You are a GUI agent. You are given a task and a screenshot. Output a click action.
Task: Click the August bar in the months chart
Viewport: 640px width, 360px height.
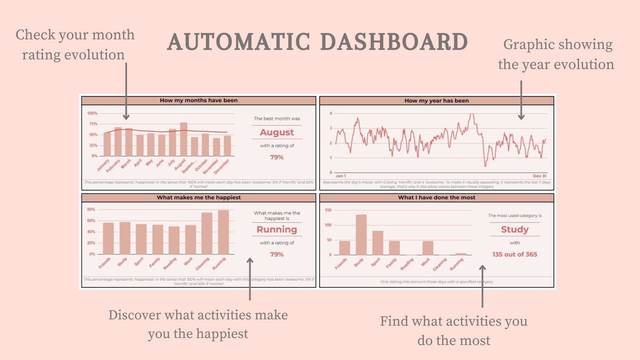[183, 139]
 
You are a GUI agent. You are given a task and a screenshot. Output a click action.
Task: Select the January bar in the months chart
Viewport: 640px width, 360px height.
[107, 144]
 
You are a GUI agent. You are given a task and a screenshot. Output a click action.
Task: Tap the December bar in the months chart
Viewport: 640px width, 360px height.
[227, 146]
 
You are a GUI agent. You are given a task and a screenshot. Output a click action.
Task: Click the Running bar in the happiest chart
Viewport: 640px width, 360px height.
[223, 232]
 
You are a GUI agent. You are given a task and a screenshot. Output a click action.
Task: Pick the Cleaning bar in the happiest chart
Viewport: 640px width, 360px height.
[207, 233]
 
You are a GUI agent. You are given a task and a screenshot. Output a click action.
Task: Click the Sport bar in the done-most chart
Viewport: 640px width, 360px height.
[378, 243]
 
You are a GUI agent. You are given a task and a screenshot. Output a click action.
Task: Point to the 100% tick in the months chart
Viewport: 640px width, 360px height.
[92, 113]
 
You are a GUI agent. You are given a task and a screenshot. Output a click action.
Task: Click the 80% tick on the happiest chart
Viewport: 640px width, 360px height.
[91, 210]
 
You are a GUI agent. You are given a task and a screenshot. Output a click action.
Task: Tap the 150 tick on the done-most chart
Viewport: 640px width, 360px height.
[328, 210]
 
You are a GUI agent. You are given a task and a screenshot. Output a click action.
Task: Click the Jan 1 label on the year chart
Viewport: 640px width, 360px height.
[341, 176]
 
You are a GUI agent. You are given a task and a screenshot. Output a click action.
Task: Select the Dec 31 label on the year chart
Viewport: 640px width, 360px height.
[540, 176]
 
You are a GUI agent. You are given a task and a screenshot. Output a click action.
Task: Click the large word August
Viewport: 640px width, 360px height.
[277, 132]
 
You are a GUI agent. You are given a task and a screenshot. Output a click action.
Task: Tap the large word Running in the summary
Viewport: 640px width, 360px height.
[277, 229]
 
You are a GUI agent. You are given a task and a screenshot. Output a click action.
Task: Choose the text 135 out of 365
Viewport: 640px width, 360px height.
[515, 254]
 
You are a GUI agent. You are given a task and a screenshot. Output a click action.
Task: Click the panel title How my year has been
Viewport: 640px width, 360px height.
[436, 101]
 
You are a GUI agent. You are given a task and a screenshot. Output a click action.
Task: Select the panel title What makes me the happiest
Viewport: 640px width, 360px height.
[199, 198]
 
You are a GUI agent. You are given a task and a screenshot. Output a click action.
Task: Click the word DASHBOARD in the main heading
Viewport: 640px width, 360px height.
[394, 42]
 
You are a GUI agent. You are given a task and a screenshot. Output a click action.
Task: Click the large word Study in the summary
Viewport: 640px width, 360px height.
[515, 229]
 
